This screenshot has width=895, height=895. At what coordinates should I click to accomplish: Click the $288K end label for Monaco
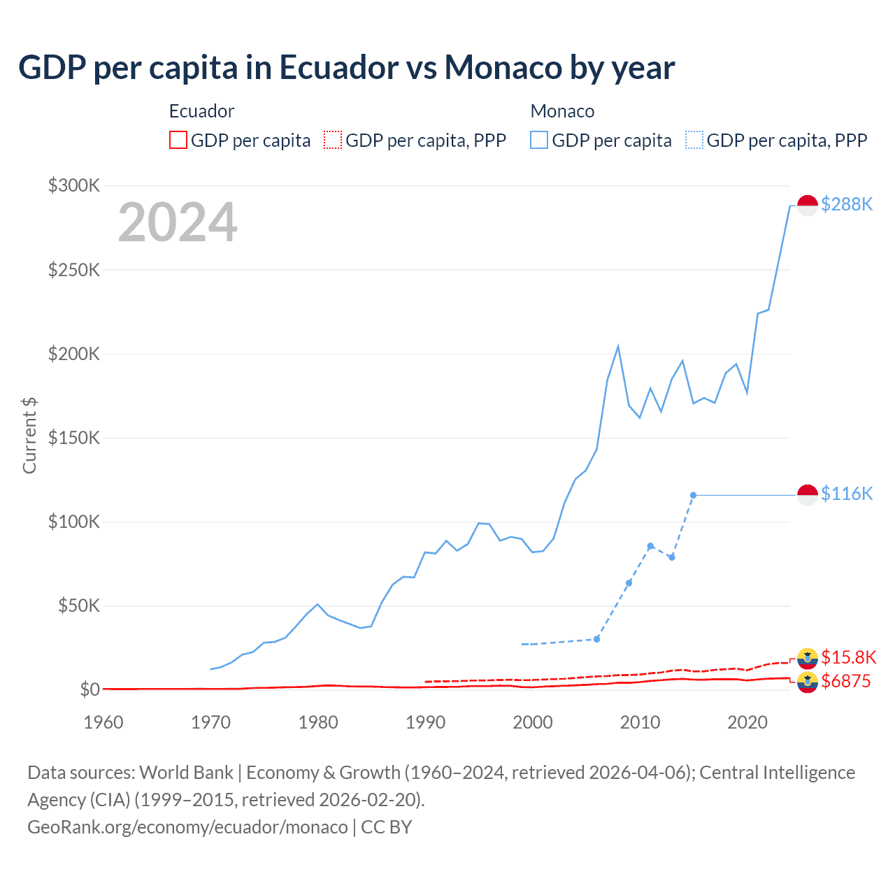click(847, 204)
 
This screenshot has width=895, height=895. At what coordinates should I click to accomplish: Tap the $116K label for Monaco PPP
click(847, 494)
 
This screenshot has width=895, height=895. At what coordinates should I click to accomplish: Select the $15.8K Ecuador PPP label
click(848, 657)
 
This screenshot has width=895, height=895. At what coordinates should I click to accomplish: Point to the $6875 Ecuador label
click(846, 681)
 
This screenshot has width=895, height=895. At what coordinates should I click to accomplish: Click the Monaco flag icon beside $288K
click(808, 206)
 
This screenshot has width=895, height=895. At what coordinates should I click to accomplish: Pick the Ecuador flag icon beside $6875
click(808, 682)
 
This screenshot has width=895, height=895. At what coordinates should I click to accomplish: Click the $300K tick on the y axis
click(74, 185)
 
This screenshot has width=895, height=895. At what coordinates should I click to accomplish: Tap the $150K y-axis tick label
click(74, 438)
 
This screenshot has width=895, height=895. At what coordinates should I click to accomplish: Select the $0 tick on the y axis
click(89, 689)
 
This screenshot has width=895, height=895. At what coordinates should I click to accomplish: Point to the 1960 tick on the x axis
click(103, 722)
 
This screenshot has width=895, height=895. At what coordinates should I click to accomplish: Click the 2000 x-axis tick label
click(533, 722)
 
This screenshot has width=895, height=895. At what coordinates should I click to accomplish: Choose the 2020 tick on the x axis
click(747, 722)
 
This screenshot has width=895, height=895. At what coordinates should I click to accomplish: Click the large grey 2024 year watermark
click(178, 222)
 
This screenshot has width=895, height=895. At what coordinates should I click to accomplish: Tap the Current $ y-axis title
click(29, 435)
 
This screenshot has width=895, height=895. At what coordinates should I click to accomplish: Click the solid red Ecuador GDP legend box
click(178, 141)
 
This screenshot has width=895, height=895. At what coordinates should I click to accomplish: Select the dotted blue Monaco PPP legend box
click(694, 141)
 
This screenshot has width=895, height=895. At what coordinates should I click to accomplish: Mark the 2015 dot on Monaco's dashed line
click(693, 495)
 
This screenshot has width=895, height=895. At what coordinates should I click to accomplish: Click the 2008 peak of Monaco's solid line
click(618, 346)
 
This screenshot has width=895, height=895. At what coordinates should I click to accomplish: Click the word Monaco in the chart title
click(503, 68)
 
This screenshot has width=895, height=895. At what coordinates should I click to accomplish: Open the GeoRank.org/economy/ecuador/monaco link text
click(187, 827)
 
